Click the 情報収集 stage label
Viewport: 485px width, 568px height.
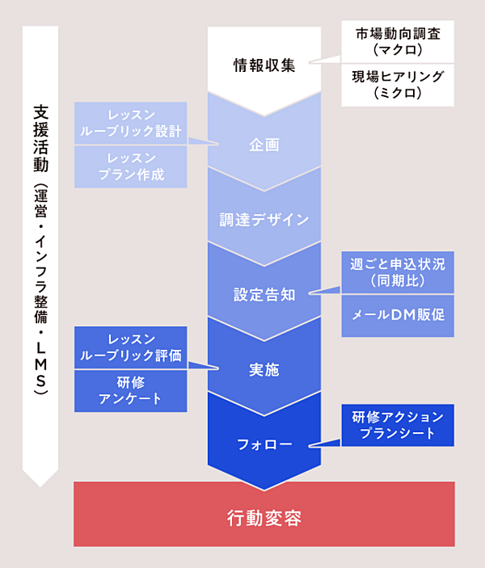point(264,65)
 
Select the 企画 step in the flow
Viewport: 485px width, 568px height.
point(264,145)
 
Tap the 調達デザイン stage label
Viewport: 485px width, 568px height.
point(264,219)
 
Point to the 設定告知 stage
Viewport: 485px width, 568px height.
point(264,294)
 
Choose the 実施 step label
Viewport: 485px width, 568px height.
point(264,369)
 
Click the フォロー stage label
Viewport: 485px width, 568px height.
point(264,444)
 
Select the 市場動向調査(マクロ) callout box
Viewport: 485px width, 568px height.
point(398,41)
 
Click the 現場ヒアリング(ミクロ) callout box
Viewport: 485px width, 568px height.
point(398,85)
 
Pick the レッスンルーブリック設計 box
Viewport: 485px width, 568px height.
point(131,123)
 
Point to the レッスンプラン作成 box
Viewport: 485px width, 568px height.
point(131,167)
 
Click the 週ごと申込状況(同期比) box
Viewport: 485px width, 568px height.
point(398,272)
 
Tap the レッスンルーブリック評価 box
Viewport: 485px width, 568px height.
point(131,347)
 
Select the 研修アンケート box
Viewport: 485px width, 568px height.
point(131,390)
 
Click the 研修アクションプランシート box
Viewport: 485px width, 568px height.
point(398,425)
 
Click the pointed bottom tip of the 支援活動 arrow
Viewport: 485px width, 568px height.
point(40,482)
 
